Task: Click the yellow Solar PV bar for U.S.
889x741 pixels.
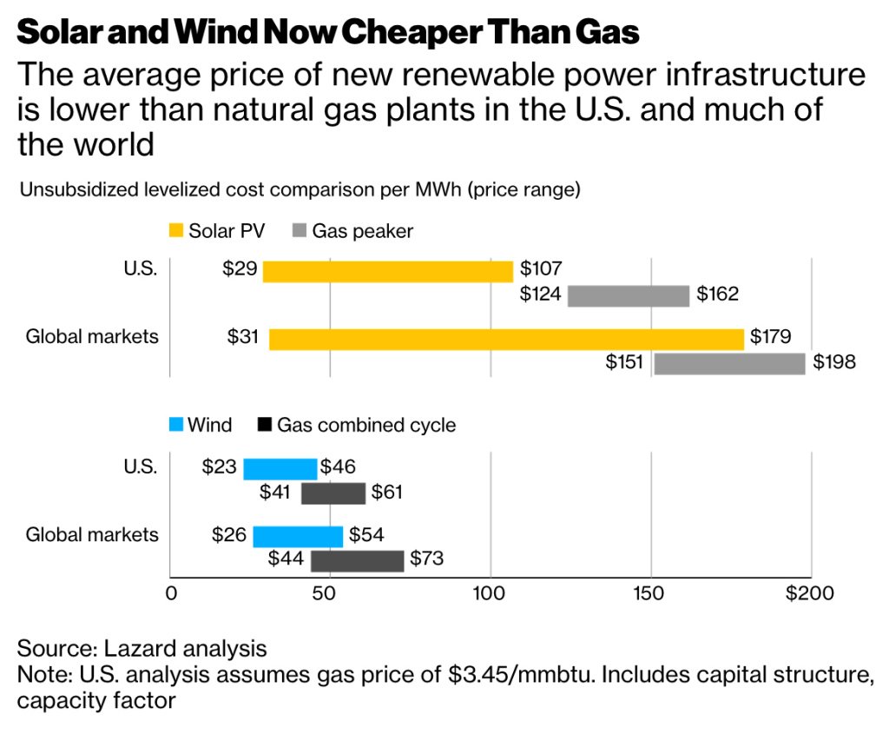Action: pos(388,271)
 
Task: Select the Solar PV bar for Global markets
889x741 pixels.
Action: pos(507,339)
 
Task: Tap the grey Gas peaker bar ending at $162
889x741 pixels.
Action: pos(629,295)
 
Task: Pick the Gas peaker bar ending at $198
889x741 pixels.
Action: pos(729,363)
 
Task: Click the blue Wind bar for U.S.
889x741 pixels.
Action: pos(280,468)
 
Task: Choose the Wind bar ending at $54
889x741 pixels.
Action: pos(298,536)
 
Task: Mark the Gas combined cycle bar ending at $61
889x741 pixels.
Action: pos(333,493)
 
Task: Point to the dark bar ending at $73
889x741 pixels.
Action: pos(357,560)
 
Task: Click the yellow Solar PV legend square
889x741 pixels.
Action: pos(176,231)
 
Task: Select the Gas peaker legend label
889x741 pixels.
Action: pos(363,231)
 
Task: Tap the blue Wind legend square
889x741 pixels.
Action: pos(176,425)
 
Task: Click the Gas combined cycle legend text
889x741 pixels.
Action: pos(366,425)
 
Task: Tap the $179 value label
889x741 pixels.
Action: pos(771,337)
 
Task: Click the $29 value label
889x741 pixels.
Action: pos(239,269)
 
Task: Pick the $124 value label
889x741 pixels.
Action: pos(540,294)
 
